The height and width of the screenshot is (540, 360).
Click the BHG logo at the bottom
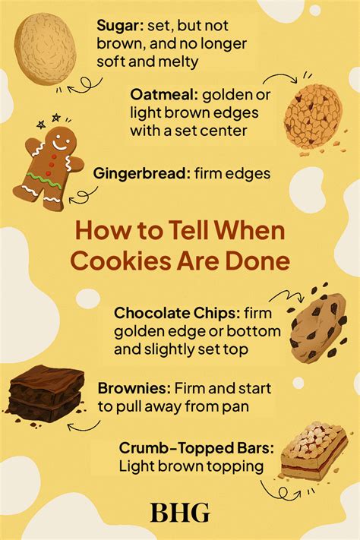click(180, 513)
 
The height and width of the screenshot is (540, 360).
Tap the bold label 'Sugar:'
click(121, 27)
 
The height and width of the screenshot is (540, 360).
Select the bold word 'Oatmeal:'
click(164, 94)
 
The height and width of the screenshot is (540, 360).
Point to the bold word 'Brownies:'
click(134, 388)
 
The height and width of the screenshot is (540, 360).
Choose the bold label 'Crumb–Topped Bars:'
click(197, 448)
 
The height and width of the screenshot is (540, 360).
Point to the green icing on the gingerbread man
click(44, 180)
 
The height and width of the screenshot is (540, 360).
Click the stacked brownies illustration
click(46, 395)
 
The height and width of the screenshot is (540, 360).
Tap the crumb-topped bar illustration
click(315, 450)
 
